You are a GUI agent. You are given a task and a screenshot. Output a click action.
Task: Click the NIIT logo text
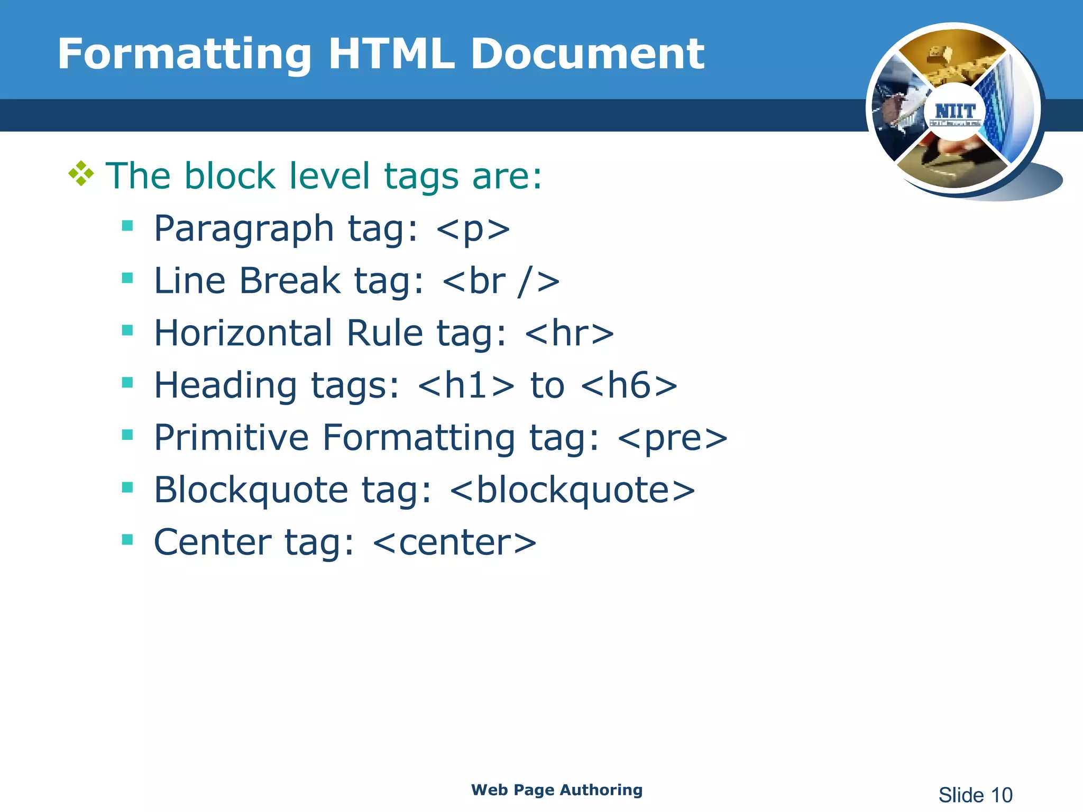click(954, 112)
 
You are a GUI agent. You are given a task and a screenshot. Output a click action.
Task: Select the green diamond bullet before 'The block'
click(81, 173)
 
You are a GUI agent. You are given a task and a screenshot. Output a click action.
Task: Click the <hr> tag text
click(570, 333)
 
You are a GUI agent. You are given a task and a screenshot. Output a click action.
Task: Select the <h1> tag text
click(465, 385)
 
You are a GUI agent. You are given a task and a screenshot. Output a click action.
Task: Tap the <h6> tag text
click(629, 385)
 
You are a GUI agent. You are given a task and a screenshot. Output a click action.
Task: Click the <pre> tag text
click(672, 438)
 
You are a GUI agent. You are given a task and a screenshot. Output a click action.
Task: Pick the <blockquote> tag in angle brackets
click(572, 490)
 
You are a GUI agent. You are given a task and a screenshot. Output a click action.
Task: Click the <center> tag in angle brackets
click(454, 542)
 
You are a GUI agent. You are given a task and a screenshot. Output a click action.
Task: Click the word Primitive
click(231, 438)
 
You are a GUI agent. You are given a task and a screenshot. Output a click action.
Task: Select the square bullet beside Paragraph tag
click(127, 226)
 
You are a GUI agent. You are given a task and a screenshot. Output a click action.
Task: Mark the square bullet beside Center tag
click(127, 540)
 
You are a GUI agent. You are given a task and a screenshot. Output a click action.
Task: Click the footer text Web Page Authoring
click(556, 790)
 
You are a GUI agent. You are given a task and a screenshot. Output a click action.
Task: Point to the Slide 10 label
click(975, 795)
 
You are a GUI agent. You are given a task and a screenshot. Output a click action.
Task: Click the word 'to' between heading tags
click(547, 385)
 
